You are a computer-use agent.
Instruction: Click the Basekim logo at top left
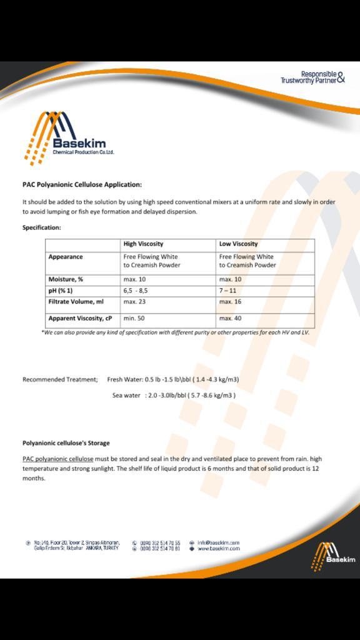point(69,137)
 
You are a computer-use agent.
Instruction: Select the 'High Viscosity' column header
point(143,244)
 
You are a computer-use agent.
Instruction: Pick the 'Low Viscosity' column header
point(238,244)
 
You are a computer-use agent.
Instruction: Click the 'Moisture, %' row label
point(66,279)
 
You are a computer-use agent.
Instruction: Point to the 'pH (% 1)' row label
point(61,291)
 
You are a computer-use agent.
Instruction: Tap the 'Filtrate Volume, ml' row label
point(76,302)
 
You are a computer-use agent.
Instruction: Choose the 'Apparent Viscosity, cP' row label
point(80,318)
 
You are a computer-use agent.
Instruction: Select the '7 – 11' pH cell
point(228,291)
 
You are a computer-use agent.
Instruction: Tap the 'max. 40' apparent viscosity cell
point(230,318)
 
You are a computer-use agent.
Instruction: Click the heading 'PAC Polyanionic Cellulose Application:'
point(82,184)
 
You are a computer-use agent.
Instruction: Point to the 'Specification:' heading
point(42,227)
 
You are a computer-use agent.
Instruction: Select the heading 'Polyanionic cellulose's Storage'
point(66,442)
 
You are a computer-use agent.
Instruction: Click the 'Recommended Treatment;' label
point(60,379)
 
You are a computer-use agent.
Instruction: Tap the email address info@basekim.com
point(218,542)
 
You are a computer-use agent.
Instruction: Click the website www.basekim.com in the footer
point(218,548)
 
